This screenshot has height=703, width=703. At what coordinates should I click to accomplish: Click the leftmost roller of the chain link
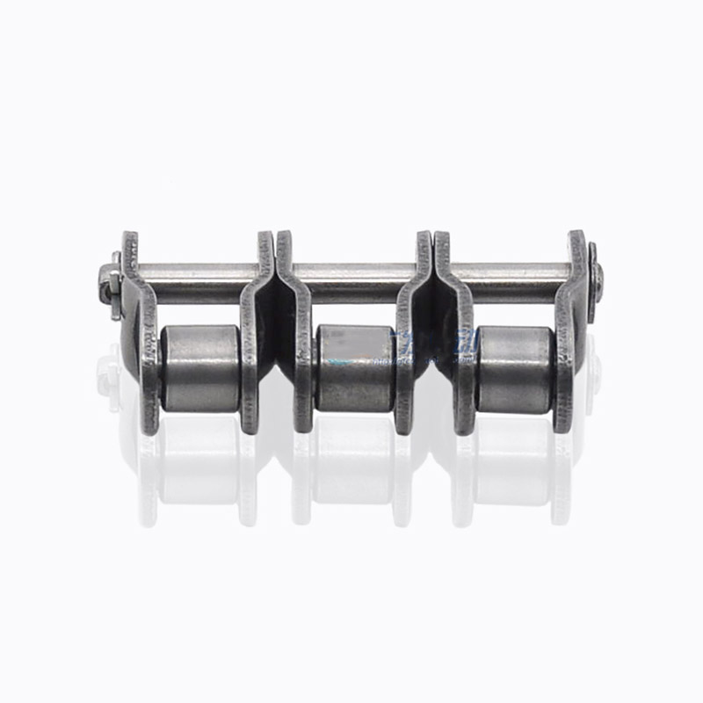click(x=200, y=367)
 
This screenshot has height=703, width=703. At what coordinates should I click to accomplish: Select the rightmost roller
click(x=514, y=367)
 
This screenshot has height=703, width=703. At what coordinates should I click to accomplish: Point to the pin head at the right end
click(x=595, y=272)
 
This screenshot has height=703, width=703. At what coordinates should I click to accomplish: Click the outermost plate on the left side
click(x=141, y=334)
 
